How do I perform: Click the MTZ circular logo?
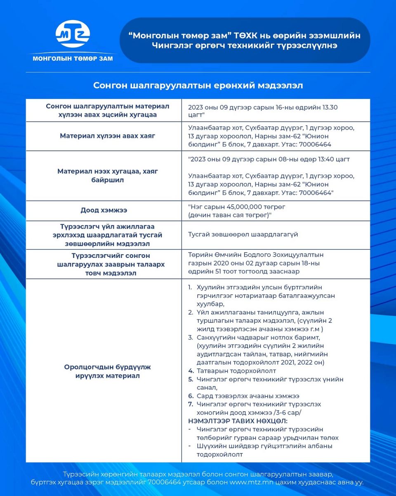73,34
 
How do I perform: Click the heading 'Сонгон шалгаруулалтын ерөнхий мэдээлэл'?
198,85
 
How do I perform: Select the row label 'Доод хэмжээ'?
104,210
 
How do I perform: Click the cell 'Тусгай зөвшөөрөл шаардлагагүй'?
243,234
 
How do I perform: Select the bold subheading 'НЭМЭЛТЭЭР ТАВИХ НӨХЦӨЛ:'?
238,421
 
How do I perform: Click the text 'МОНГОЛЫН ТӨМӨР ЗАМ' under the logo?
73,59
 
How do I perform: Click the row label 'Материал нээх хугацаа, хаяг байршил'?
107,176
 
